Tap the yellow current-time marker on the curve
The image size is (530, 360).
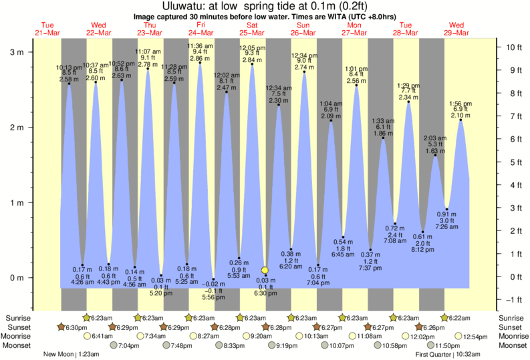[265, 270]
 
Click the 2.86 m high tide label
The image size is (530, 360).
[200, 59]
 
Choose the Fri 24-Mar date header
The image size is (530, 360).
[201, 29]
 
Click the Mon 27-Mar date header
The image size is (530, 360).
[354, 29]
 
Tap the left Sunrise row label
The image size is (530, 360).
[18, 317]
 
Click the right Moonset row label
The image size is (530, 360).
[513, 345]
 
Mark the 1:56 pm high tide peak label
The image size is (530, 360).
[460, 104]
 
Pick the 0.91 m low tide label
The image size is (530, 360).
[447, 214]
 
